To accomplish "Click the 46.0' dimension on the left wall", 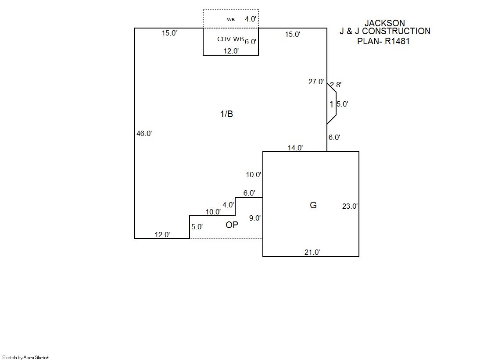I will pyautogui.click(x=144, y=134).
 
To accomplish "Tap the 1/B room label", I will pyautogui.click(x=226, y=114).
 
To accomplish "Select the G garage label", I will pyautogui.click(x=313, y=205).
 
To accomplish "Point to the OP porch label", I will pyautogui.click(x=232, y=225).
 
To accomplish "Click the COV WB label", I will pyautogui.click(x=230, y=39).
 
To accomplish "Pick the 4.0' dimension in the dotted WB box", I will pyautogui.click(x=251, y=19).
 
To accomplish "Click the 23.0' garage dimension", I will pyautogui.click(x=350, y=207).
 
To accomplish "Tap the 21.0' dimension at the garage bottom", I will pyautogui.click(x=312, y=252).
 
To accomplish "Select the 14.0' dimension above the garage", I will pyautogui.click(x=295, y=148).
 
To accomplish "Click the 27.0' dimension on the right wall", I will pyautogui.click(x=316, y=82).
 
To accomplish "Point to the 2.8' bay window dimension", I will pyautogui.click(x=336, y=85).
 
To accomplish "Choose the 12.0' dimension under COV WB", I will pyautogui.click(x=231, y=51).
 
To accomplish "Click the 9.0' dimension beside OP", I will pyautogui.click(x=255, y=218).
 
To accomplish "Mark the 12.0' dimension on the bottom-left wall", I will pyautogui.click(x=162, y=235).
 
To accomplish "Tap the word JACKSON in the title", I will pyautogui.click(x=385, y=23).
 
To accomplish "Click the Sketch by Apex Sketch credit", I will pyautogui.click(x=26, y=357).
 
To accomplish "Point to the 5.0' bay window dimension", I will pyautogui.click(x=342, y=104).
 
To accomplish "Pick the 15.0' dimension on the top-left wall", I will pyautogui.click(x=169, y=33).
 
